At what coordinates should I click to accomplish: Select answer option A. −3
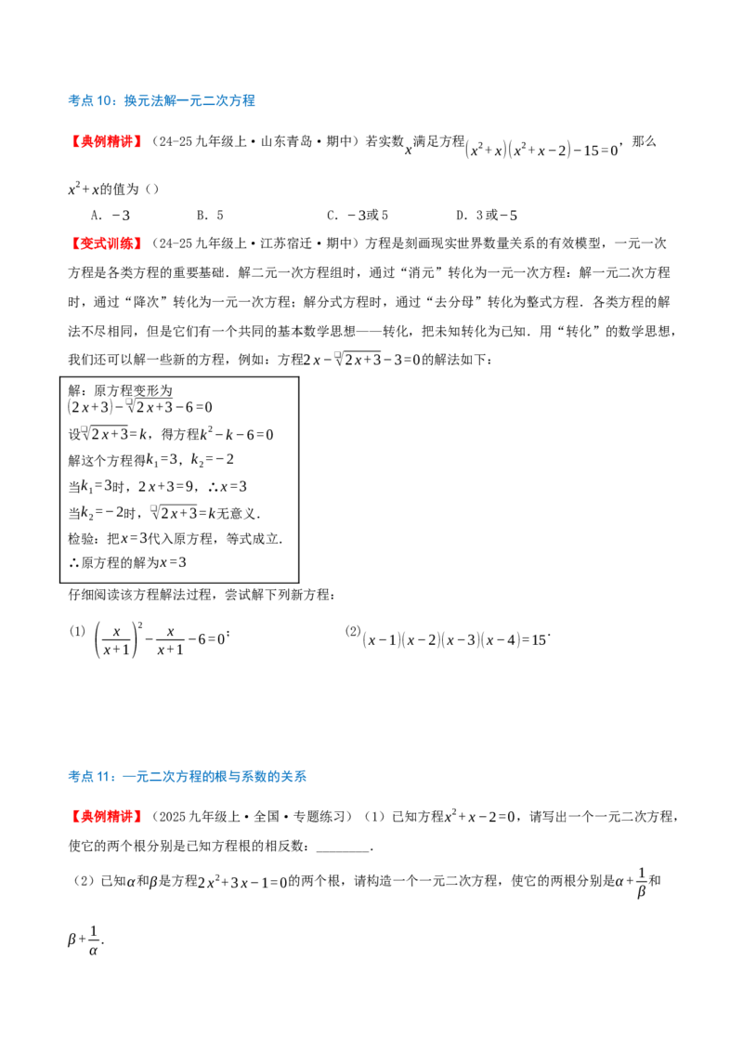pos(110,216)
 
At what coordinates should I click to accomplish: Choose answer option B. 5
pos(210,216)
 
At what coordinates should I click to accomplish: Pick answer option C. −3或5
pos(358,216)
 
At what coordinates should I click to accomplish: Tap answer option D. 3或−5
pos(486,216)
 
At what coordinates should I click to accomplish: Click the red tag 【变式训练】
pos(105,243)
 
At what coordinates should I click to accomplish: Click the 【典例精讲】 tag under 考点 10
pos(105,141)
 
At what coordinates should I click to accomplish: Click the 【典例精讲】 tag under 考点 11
pos(105,817)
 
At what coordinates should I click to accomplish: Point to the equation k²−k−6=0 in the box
pos(237,434)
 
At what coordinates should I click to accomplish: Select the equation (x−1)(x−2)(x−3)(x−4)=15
pos(454,640)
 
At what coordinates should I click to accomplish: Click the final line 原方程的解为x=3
pos(128,562)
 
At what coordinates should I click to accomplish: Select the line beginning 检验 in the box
pos(175,538)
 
